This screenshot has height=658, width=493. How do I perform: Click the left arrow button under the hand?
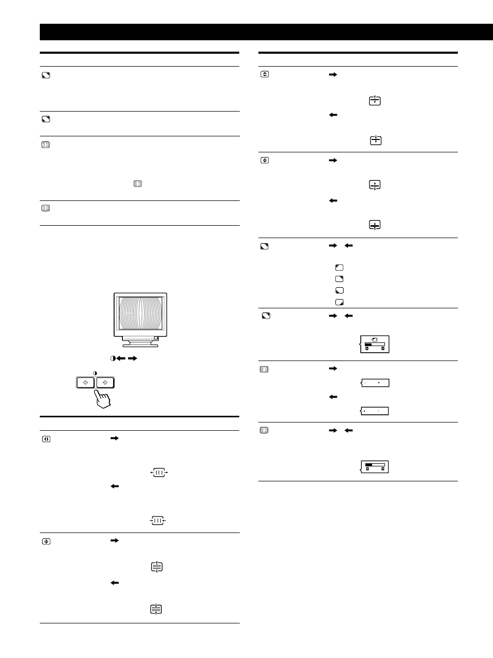tap(85, 383)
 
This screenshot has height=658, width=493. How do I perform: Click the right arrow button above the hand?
tap(105, 383)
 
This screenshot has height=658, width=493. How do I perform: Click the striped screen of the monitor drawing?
tap(140, 314)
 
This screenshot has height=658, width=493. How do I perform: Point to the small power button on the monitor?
tap(157, 338)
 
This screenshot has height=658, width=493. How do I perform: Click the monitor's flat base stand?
tap(141, 343)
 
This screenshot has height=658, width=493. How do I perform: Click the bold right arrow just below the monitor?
tap(133, 358)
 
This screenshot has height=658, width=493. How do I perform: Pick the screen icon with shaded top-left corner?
tap(339, 268)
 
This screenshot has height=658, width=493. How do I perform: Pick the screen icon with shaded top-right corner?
tap(339, 279)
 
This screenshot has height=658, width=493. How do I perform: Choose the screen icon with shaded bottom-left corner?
tap(339, 290)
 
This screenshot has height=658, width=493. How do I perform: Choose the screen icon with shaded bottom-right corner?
tap(339, 302)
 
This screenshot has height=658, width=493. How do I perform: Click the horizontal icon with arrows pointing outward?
tap(159, 473)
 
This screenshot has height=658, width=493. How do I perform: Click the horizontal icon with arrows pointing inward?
tap(158, 521)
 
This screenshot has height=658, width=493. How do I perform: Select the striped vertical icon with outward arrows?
tap(157, 567)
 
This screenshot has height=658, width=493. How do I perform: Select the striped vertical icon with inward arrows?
tap(156, 609)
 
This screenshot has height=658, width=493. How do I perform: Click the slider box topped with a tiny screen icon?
tap(375, 344)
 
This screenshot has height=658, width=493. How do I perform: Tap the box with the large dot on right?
tap(375, 383)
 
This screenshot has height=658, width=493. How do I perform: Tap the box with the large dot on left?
tap(375, 411)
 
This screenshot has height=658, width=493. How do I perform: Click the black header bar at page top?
tap(266, 32)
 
